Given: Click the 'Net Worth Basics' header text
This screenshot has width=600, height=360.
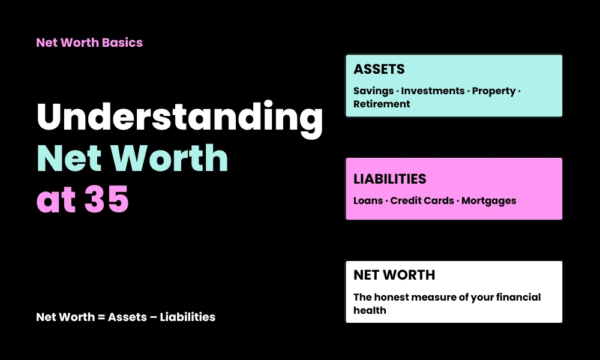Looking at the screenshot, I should [89, 43].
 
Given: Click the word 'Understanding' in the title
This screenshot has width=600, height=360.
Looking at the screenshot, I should [180, 119].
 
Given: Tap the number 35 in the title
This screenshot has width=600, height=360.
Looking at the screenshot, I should [106, 200].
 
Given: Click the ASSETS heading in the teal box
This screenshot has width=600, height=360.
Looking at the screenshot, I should [379, 70].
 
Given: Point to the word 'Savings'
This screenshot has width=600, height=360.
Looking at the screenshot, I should [372, 91].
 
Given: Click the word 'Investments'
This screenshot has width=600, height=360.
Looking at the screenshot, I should [433, 91].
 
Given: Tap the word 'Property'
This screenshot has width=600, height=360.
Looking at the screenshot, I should [493, 91].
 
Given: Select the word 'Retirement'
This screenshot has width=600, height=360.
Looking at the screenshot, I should [382, 104].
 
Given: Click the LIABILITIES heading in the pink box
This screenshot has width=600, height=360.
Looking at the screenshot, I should [390, 179].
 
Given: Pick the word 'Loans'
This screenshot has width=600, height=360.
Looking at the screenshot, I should [368, 200].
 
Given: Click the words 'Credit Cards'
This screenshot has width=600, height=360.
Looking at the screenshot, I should [422, 200].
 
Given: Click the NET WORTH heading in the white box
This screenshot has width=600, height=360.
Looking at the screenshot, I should [394, 275].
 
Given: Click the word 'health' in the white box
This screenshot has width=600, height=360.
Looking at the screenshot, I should [370, 310].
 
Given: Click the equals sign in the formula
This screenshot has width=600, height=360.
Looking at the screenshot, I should [100, 317].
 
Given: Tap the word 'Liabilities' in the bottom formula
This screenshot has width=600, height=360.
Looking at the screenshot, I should [187, 317].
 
